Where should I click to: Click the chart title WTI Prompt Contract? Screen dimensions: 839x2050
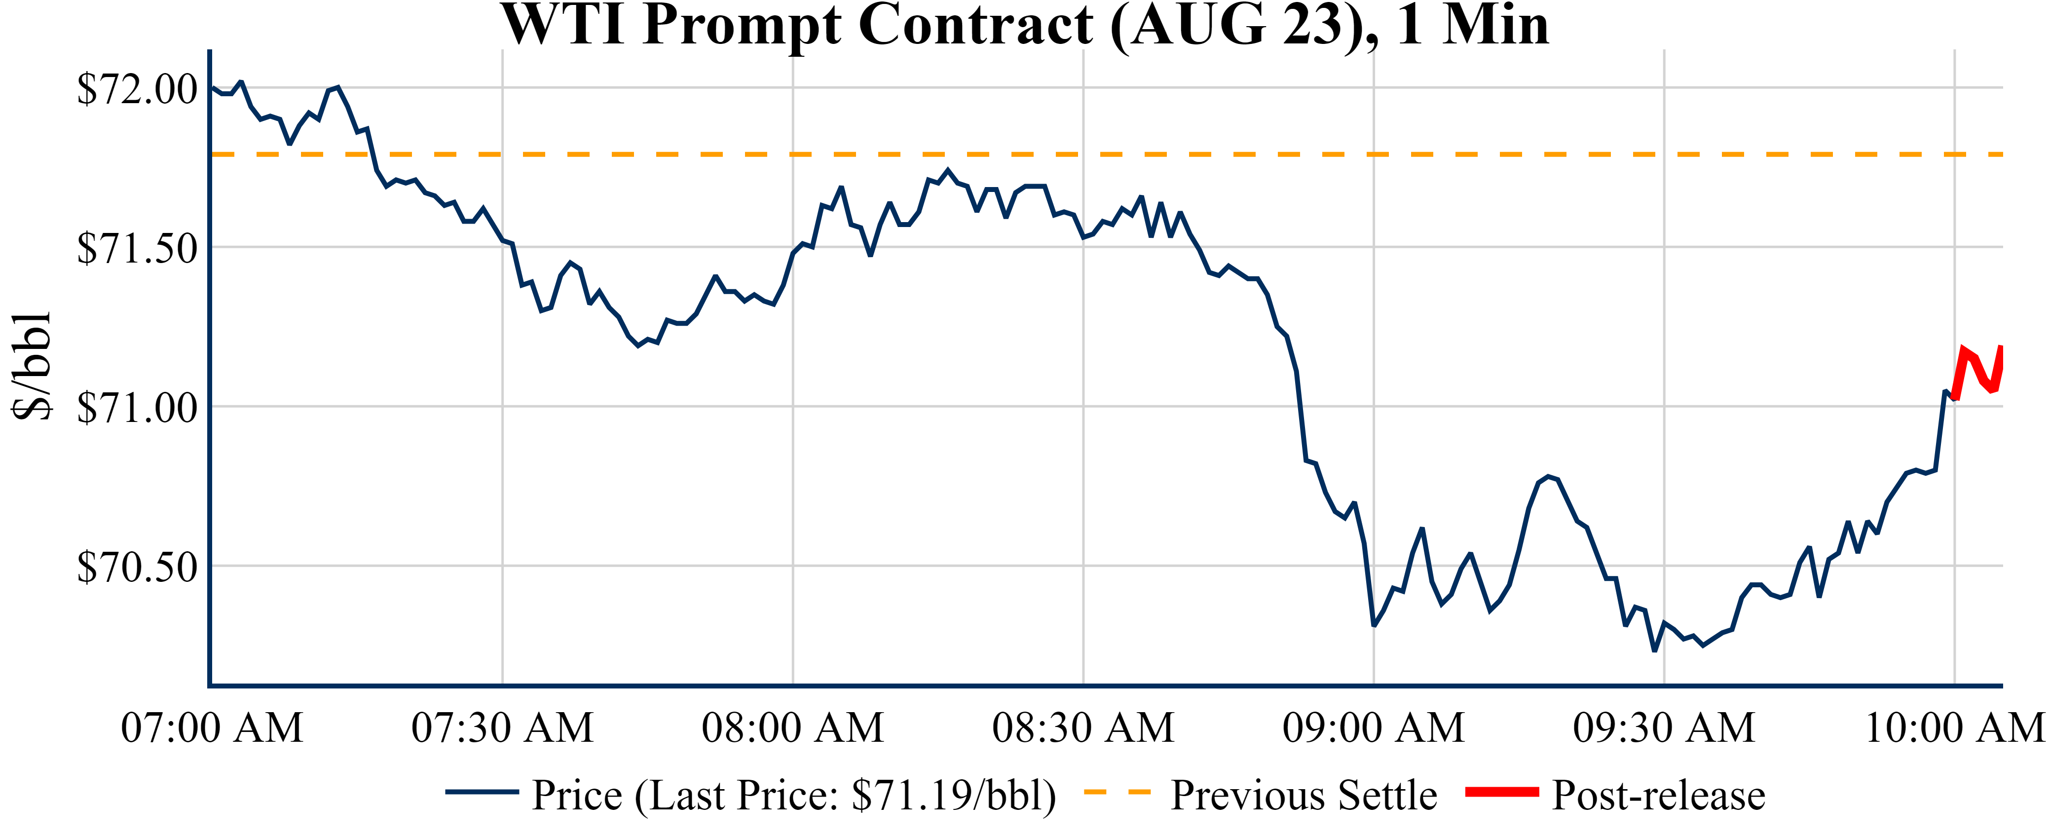tap(1025, 26)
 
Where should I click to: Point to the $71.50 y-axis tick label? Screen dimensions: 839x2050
tap(137, 248)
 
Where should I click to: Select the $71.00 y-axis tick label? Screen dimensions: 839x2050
tap(137, 408)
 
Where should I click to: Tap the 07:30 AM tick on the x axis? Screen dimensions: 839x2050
tap(502, 727)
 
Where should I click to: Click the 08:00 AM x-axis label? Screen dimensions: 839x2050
tap(793, 727)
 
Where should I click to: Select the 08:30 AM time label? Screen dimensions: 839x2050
tap(1083, 727)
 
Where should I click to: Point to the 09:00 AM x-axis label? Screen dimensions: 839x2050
tap(1374, 727)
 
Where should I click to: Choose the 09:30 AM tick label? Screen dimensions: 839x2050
tap(1664, 727)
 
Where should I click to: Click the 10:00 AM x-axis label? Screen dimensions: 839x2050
tap(1954, 727)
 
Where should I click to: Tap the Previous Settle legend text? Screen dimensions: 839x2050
tap(1304, 795)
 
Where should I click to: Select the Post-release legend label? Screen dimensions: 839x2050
tap(1658, 795)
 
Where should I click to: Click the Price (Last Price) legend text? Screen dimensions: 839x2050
tap(793, 795)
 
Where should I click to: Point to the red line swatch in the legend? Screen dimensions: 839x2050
tap(1502, 791)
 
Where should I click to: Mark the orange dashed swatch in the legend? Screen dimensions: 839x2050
tap(1118, 791)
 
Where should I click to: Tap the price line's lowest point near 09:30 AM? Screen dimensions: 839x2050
tap(1654, 651)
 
